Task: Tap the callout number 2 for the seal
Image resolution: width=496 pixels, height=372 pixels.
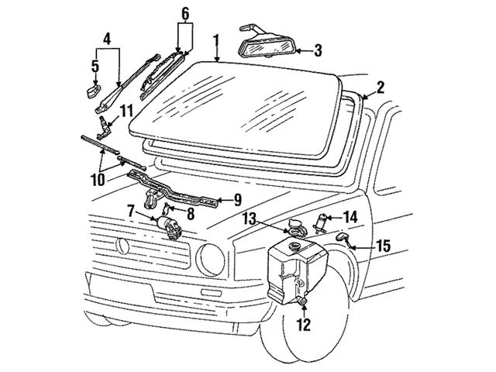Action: click(380, 87)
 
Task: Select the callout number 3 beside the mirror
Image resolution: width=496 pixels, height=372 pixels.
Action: click(318, 51)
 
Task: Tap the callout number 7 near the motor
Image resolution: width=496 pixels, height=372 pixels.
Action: click(132, 209)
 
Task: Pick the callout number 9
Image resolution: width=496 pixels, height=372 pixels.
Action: click(238, 199)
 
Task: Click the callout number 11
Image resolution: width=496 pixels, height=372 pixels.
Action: click(126, 111)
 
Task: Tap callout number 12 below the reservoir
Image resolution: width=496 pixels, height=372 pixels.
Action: click(304, 325)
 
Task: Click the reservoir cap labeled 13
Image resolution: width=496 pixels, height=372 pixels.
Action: click(295, 229)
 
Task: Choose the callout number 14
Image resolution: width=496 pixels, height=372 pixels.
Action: click(350, 218)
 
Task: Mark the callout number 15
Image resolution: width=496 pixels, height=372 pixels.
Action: click(382, 247)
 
